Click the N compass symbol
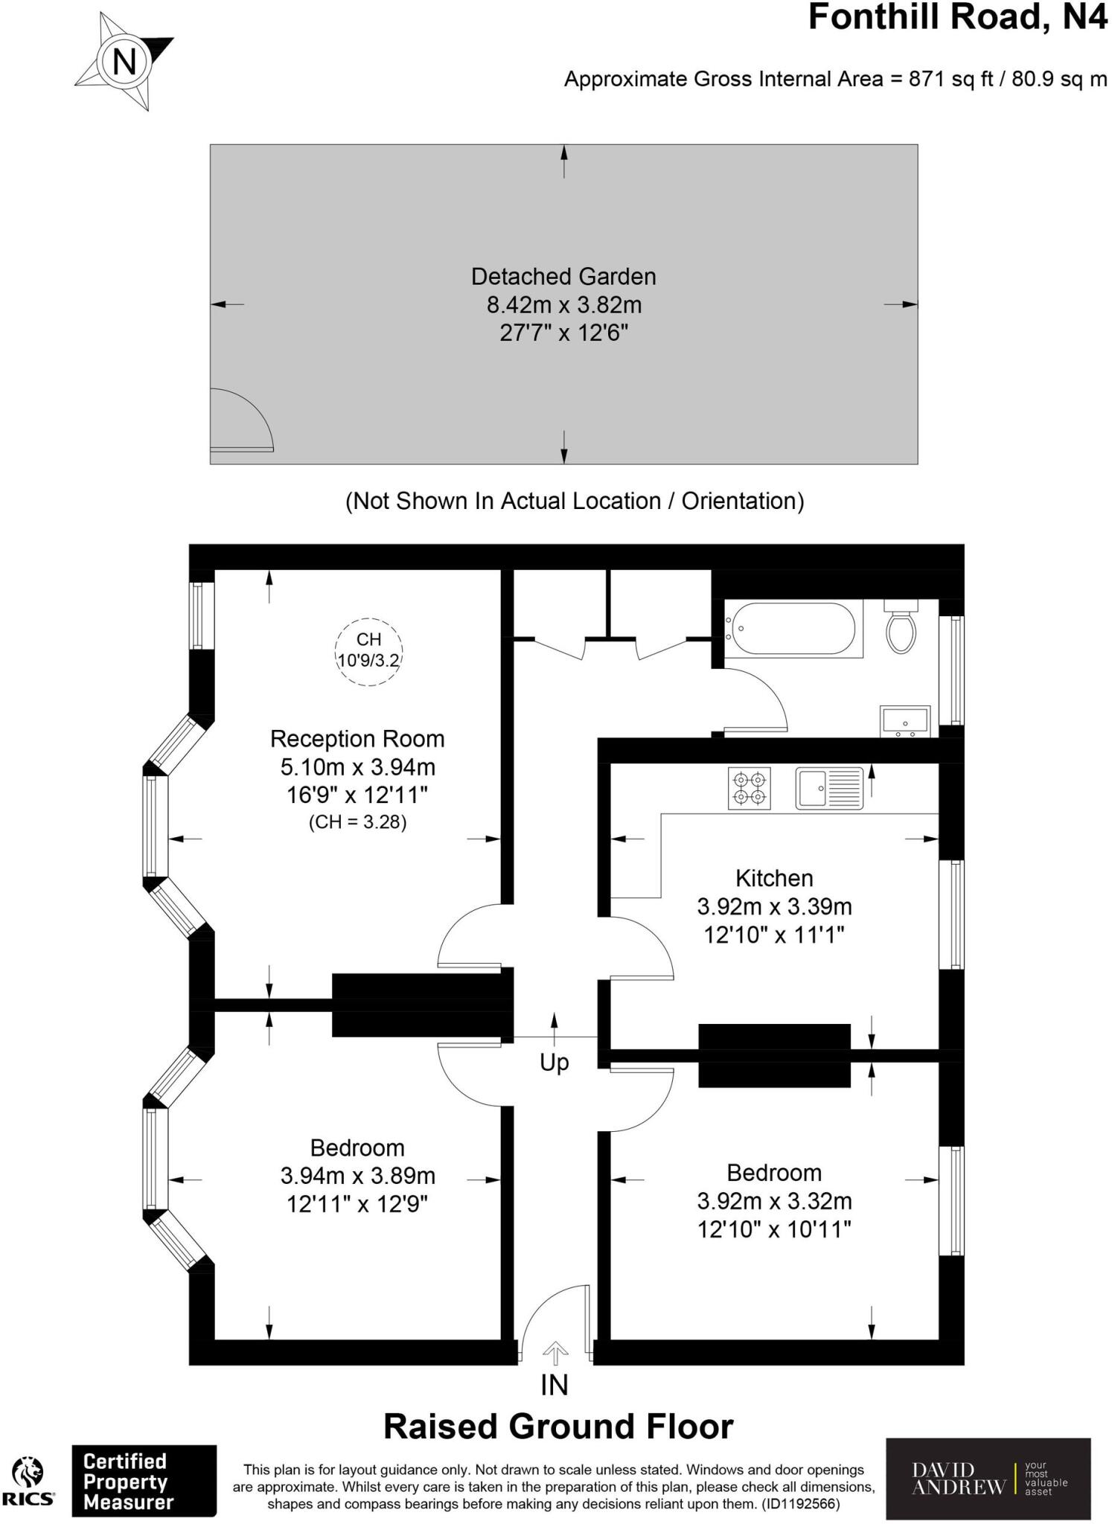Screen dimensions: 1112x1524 124,61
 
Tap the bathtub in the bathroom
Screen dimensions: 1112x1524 793,629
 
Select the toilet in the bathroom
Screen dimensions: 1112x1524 901,627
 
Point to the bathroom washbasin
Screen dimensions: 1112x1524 905,720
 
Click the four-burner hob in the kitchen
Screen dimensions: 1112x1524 750,789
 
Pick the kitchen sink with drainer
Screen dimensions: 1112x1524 829,788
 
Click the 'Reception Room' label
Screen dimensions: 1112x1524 357,739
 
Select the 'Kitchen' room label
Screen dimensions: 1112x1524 774,878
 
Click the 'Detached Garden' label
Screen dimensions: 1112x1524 563,277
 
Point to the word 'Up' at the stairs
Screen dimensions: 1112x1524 555,1063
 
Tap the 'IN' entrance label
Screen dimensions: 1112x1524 555,1385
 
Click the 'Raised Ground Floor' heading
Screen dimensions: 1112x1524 558,1427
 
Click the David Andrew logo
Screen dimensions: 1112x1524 988,1479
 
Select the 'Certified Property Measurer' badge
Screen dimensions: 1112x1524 144,1481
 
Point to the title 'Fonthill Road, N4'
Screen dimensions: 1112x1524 958,17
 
